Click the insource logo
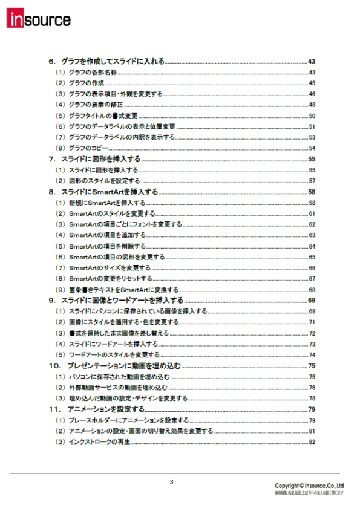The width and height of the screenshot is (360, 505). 40,19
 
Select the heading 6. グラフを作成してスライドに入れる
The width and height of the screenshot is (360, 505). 106,62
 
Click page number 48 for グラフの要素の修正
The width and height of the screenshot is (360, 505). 312,105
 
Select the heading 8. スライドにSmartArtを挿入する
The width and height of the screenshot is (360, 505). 103,192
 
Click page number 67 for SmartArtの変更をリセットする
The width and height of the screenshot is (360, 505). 312,279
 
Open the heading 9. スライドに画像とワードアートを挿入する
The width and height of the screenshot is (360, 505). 116,301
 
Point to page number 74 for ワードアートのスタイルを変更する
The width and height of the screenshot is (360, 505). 312,355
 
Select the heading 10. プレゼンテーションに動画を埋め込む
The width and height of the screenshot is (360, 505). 115,366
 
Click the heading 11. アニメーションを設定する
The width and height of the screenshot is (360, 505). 96,409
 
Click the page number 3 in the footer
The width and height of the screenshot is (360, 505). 171,482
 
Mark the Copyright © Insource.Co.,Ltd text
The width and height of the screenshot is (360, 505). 309,486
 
